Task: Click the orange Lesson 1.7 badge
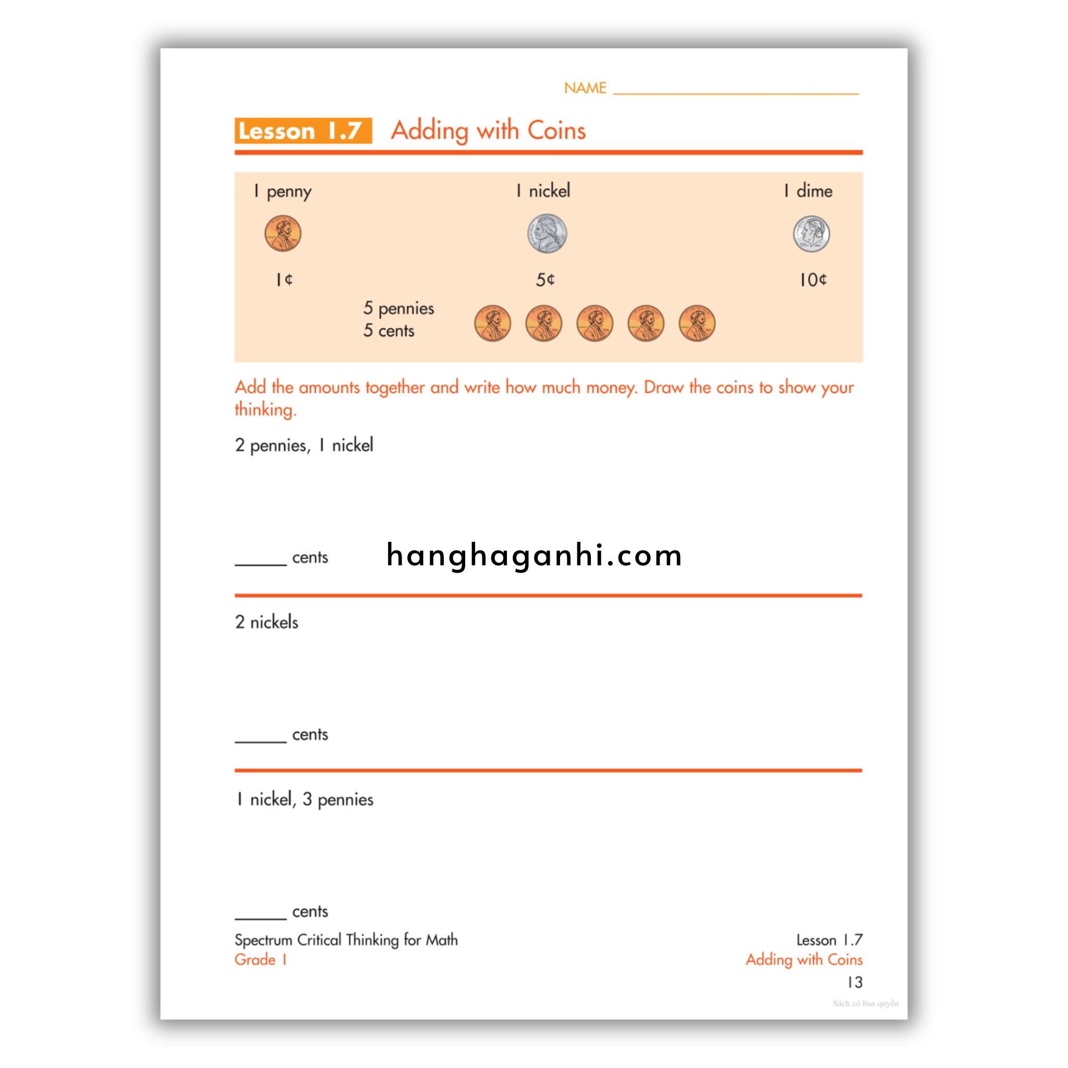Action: pos(302,131)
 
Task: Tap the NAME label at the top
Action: pos(585,88)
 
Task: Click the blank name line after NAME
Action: pos(736,91)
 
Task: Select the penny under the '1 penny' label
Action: pos(283,234)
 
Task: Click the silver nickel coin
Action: pos(547,234)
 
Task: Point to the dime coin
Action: pos(811,234)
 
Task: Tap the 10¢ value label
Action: pos(812,280)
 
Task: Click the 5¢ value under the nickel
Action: pos(545,280)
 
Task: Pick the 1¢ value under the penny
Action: pos(284,280)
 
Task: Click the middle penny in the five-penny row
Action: pos(594,323)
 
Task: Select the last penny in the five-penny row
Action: pos(697,323)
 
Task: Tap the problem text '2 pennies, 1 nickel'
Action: pos(304,445)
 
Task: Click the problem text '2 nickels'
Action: pos(266,623)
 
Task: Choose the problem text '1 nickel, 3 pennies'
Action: pos(304,799)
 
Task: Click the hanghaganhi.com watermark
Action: pos(534,555)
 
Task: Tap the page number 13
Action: pos(855,982)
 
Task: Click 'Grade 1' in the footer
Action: pos(260,959)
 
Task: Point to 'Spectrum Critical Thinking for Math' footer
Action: pos(346,940)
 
